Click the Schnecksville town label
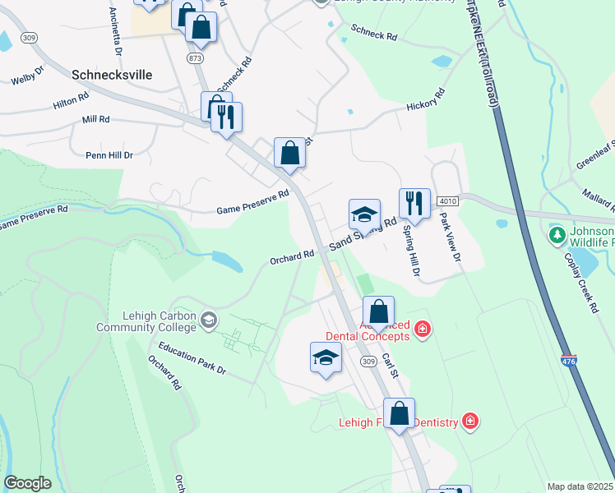112,74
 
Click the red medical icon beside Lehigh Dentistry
469,422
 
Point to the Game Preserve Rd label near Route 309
253,201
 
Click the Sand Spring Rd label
363,233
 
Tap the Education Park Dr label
192,359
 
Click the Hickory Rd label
426,105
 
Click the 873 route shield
195,58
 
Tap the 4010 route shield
447,200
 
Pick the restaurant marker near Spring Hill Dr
414,203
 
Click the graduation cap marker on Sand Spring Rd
364,215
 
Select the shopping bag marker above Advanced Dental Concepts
378,312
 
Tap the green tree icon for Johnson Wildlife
557,236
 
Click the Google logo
27,484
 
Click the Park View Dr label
449,237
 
